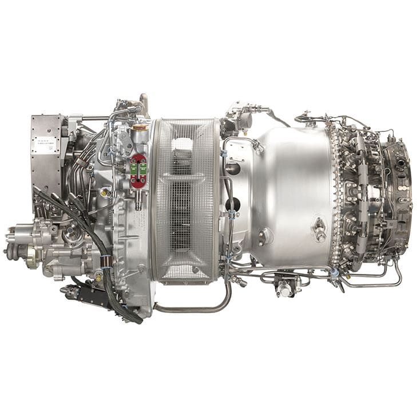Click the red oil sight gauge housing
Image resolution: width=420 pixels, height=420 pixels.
(x=138, y=170)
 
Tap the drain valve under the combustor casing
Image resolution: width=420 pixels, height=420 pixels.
(x=284, y=286)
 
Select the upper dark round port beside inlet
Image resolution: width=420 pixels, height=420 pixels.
(x=233, y=169)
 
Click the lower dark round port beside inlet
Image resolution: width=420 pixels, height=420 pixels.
(x=233, y=204)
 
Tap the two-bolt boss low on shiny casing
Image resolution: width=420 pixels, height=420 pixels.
(x=265, y=235)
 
